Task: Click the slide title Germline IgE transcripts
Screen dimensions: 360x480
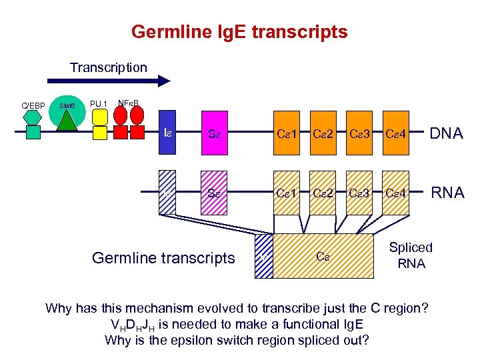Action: [x=239, y=31]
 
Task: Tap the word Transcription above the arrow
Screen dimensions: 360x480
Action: [x=109, y=67]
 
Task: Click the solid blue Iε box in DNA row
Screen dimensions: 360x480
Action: [x=167, y=134]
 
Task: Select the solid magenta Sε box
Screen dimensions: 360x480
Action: [x=214, y=134]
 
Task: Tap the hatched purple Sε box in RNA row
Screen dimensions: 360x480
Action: [x=214, y=194]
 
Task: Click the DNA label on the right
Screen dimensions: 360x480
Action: [x=447, y=134]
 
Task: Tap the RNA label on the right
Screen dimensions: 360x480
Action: [x=447, y=194]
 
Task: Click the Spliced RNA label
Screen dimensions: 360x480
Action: [x=411, y=255]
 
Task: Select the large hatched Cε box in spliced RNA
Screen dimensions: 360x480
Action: [x=323, y=256]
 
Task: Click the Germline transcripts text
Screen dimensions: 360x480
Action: [x=163, y=257]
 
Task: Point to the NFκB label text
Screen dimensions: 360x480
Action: [x=129, y=103]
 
